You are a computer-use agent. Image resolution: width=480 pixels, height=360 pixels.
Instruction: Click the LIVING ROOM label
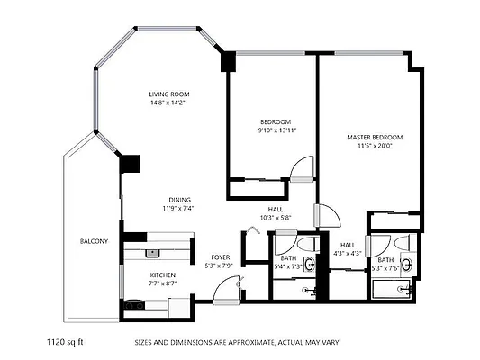click(x=169, y=94)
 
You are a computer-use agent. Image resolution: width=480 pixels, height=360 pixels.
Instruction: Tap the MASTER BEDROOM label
click(x=375, y=138)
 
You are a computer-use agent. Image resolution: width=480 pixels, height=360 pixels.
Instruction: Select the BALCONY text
click(x=94, y=241)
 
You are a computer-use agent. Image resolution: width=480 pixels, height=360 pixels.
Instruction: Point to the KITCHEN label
click(x=162, y=274)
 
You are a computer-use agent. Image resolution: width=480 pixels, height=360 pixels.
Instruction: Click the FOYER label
click(x=220, y=257)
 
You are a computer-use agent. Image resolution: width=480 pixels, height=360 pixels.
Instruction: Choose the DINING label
click(x=178, y=200)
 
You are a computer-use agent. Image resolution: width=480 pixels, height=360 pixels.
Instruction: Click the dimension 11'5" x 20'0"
click(x=375, y=146)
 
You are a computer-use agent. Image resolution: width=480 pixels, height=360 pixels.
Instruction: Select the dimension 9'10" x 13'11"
click(x=276, y=130)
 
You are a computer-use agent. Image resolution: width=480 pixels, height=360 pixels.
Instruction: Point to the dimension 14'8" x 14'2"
click(x=169, y=103)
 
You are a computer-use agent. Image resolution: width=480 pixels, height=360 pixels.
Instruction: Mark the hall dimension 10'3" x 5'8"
click(x=275, y=218)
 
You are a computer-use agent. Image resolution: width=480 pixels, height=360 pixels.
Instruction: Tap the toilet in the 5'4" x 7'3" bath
click(x=305, y=245)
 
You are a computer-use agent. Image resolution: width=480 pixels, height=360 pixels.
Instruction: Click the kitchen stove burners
click(x=136, y=306)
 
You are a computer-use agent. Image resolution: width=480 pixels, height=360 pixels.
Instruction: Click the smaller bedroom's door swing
click(x=302, y=167)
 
